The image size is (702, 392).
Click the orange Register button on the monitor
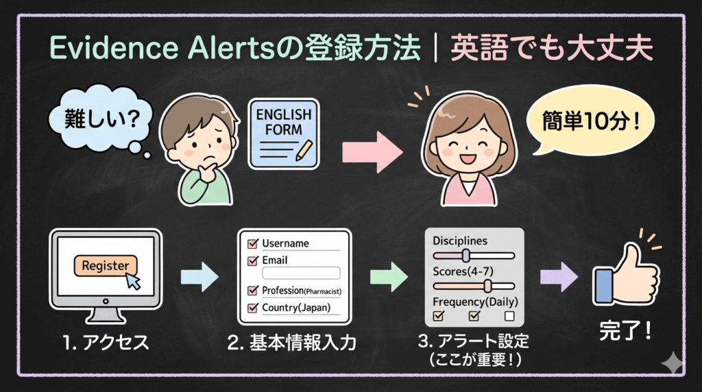(105, 265)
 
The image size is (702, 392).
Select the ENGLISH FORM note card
(284, 133)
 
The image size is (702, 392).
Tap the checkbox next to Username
(252, 243)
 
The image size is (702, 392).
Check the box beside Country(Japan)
(252, 308)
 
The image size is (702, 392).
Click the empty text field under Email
(301, 273)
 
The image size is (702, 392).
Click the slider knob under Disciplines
(466, 256)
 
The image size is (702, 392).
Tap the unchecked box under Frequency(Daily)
(509, 316)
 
